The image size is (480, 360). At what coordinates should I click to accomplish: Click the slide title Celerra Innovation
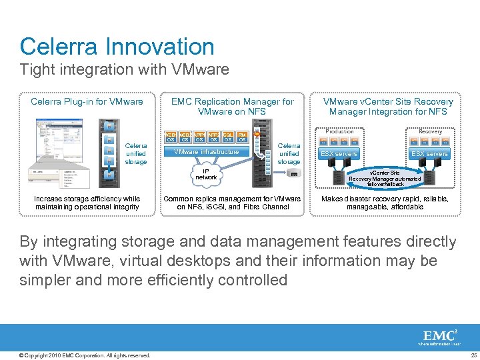click(117, 47)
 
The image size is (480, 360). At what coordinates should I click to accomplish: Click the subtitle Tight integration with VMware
click(125, 69)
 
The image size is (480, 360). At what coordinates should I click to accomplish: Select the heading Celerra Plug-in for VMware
click(87, 102)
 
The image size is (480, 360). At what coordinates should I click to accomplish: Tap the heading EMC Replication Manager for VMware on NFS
click(232, 107)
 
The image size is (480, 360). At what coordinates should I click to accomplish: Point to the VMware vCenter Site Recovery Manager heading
click(387, 107)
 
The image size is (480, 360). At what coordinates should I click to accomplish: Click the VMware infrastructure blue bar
click(206, 152)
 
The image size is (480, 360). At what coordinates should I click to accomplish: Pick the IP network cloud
click(206, 175)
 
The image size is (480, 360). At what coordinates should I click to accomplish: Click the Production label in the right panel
click(339, 131)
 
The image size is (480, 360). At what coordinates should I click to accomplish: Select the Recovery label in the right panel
click(430, 131)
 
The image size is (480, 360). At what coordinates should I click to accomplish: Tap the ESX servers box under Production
click(339, 154)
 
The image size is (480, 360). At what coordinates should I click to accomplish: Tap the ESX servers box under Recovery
click(429, 154)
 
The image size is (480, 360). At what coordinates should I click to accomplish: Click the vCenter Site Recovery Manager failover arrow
click(385, 178)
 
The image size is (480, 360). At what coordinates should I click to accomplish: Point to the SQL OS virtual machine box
click(228, 137)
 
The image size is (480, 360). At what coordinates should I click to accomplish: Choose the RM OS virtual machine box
click(243, 137)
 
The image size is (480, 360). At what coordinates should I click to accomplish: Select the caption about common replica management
click(232, 203)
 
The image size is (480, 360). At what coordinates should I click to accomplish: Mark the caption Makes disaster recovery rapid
click(385, 203)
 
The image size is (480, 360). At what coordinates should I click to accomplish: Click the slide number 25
click(473, 355)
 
